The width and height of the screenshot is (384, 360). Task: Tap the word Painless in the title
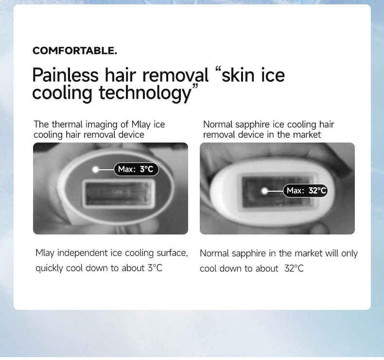pyautogui.click(x=66, y=75)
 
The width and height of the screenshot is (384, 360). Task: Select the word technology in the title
pyautogui.click(x=145, y=93)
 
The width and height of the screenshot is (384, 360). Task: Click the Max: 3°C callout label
pyautogui.click(x=136, y=169)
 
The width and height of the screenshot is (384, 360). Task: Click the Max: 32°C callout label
pyautogui.click(x=305, y=190)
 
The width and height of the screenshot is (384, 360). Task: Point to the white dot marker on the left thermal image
pyautogui.click(x=95, y=169)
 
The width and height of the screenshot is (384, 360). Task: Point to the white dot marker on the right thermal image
pyautogui.click(x=264, y=191)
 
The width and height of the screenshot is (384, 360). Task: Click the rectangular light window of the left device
pyautogui.click(x=119, y=193)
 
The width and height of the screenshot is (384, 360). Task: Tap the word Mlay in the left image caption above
pyautogui.click(x=141, y=125)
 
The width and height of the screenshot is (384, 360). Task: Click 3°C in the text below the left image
pyautogui.click(x=155, y=268)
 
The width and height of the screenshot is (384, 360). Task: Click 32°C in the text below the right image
pyautogui.click(x=294, y=269)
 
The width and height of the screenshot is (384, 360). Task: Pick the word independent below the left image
pyautogui.click(x=83, y=253)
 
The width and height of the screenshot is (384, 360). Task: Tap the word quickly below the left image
pyautogui.click(x=49, y=268)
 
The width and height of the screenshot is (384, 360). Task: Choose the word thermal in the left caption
pyautogui.click(x=68, y=124)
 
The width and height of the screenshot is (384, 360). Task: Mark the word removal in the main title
pyautogui.click(x=175, y=75)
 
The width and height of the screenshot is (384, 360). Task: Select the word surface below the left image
pyautogui.click(x=172, y=253)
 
